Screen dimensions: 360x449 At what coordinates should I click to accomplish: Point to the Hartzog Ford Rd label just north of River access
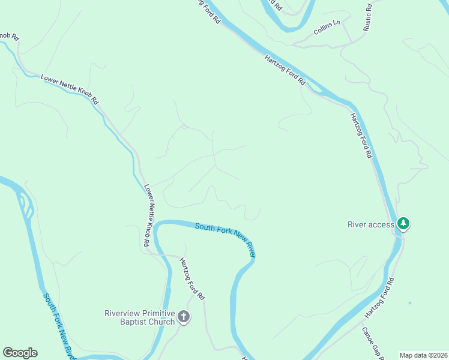point(361,135)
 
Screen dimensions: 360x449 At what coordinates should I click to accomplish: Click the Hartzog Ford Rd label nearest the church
point(192,279)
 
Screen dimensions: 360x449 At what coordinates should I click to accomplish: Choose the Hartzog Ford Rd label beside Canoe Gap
point(379,299)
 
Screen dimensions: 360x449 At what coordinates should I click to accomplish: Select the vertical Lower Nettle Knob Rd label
point(149,216)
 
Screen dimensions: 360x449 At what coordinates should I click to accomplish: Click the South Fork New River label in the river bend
point(225,237)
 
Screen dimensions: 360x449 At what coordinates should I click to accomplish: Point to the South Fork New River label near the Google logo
point(59,325)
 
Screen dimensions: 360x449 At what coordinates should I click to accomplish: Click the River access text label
point(371,225)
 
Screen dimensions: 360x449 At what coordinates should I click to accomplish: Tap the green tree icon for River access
point(404,224)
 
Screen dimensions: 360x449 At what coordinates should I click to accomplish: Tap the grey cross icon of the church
point(184,317)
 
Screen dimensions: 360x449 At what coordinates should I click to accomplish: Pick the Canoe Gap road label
point(372,343)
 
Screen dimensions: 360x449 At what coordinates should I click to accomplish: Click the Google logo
point(20,353)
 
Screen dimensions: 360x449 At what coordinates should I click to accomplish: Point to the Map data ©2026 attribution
point(423,355)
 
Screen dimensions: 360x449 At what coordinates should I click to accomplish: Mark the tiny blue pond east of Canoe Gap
point(410,303)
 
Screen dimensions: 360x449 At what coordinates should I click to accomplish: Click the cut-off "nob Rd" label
point(10,36)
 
